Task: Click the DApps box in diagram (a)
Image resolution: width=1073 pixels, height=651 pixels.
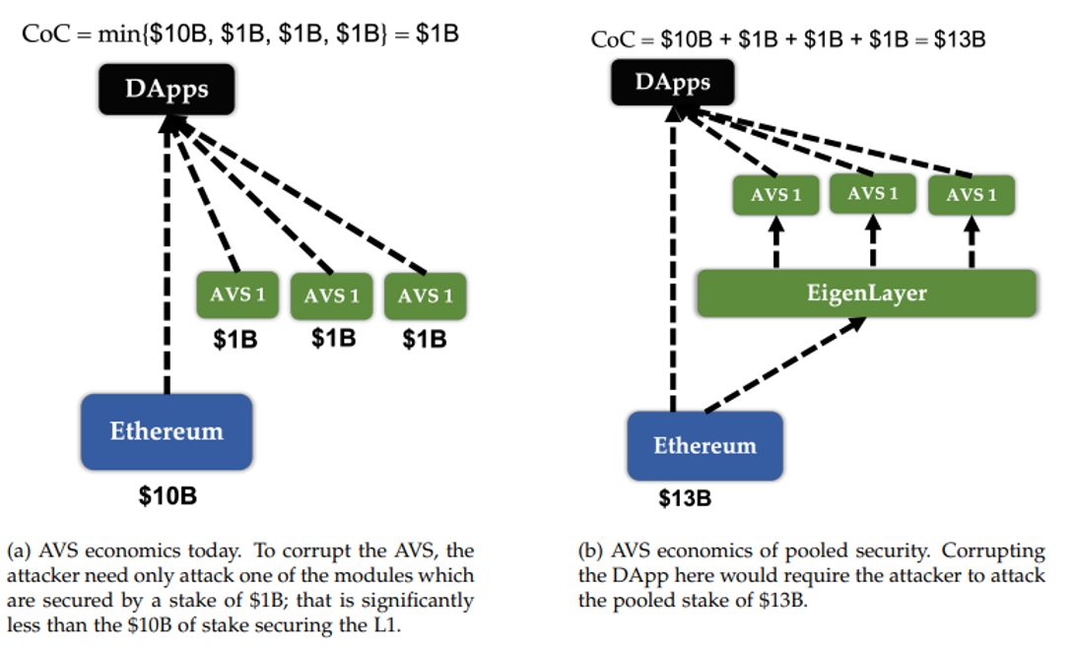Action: pyautogui.click(x=167, y=89)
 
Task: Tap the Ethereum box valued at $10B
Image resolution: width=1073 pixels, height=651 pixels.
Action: pyautogui.click(x=167, y=431)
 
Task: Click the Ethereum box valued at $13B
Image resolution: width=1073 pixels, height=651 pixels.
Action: pyautogui.click(x=704, y=445)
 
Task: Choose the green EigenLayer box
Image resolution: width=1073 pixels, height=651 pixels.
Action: pyautogui.click(x=867, y=293)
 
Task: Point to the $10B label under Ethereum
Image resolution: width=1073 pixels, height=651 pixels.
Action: pyautogui.click(x=167, y=495)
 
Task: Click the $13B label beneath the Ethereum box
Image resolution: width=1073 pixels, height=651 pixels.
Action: pyautogui.click(x=684, y=498)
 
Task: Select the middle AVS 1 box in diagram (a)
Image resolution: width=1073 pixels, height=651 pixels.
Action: pyautogui.click(x=332, y=295)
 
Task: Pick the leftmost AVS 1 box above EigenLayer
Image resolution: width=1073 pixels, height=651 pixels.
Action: pyautogui.click(x=775, y=195)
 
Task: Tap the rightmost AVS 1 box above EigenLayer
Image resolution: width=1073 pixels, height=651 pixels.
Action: pyautogui.click(x=971, y=195)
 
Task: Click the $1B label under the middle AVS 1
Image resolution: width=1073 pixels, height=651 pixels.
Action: pyautogui.click(x=333, y=338)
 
